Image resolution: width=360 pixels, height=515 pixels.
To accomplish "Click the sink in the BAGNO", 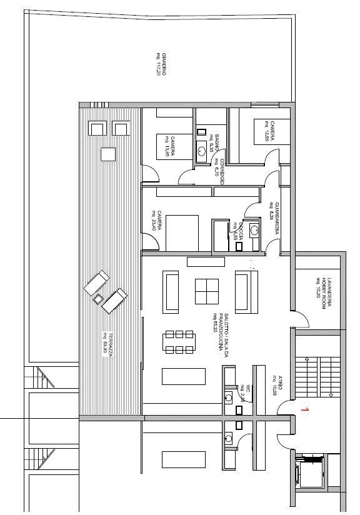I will [202, 149].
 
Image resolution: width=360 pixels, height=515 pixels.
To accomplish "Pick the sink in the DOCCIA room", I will [254, 230].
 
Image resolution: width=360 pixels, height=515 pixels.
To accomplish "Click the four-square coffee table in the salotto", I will [207, 291].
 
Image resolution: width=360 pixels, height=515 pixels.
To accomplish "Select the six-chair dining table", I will [179, 342].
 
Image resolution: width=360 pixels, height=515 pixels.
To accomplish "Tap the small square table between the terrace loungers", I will [97, 299].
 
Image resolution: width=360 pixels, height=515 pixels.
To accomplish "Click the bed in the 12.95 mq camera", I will [262, 132].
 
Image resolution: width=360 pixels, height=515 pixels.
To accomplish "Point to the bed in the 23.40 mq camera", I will [182, 229].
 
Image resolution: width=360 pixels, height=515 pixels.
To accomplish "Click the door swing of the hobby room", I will [302, 319].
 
